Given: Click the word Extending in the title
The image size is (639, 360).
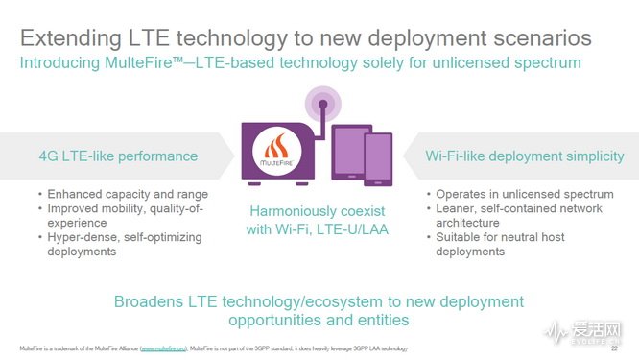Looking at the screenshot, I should click(73, 39).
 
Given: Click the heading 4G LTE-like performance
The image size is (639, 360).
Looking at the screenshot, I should click(118, 156).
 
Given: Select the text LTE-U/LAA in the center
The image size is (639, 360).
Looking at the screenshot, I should click(353, 230).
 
